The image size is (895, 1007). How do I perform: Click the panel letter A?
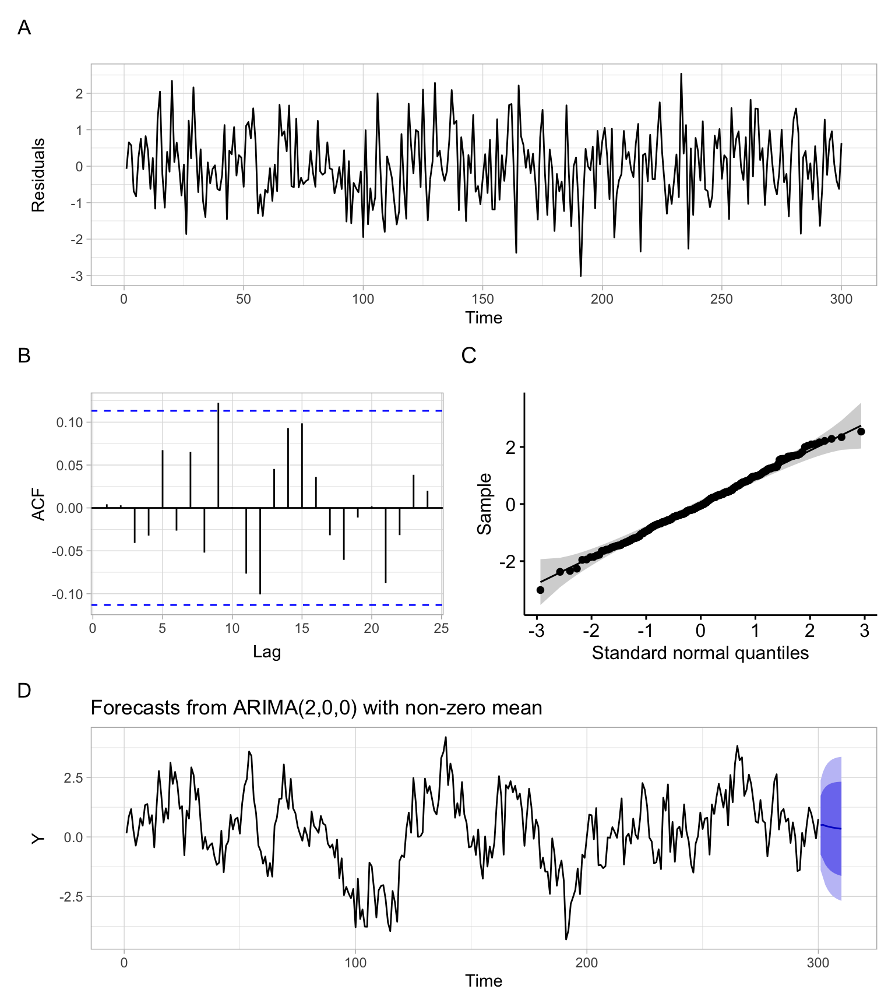click(24, 27)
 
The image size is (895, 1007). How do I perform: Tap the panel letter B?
click(24, 355)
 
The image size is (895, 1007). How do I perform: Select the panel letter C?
click(468, 355)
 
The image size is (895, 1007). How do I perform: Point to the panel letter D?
click(24, 691)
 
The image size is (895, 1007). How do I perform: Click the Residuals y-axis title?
click(38, 175)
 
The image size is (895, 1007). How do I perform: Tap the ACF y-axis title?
click(38, 504)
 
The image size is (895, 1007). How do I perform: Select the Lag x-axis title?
click(267, 651)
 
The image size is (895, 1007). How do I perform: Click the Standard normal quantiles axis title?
click(700, 653)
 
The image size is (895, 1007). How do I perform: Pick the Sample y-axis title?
click(484, 504)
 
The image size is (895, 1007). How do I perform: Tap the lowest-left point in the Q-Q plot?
click(540, 590)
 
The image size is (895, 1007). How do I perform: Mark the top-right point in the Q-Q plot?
click(861, 431)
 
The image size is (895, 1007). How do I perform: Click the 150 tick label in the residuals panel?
click(482, 300)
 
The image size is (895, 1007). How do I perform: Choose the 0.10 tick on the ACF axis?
click(69, 422)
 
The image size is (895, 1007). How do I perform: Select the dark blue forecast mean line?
click(831, 827)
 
